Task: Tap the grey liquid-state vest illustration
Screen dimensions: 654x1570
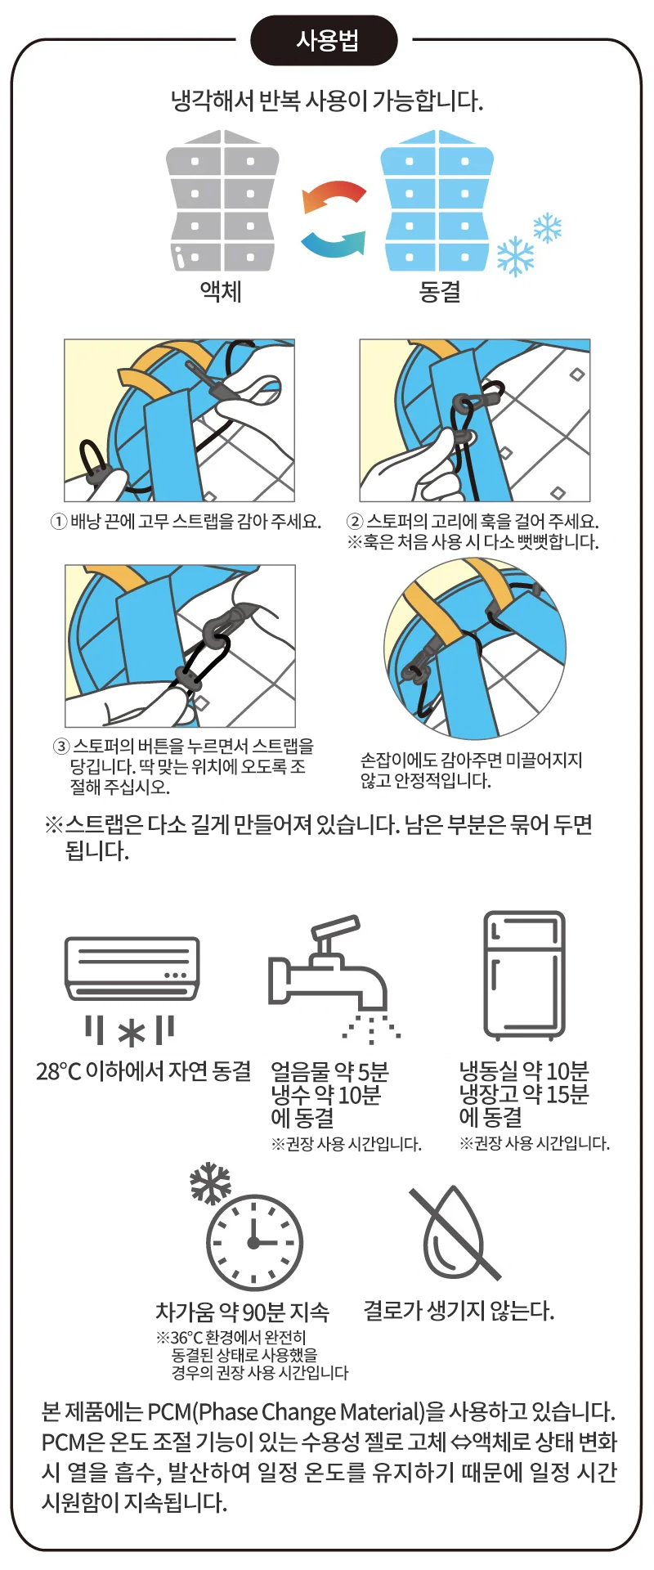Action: [x=222, y=200]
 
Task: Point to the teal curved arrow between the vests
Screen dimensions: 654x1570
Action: [x=334, y=243]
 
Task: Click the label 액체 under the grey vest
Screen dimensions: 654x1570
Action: [x=221, y=291]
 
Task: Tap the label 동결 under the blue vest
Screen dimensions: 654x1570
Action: [x=439, y=291]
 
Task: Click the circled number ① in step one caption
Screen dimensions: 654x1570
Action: [x=59, y=522]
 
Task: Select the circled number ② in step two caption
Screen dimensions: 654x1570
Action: [x=355, y=522]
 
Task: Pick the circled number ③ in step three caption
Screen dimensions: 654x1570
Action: [x=61, y=747]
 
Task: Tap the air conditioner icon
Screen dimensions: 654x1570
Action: [x=132, y=990]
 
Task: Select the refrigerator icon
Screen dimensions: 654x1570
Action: [x=524, y=975]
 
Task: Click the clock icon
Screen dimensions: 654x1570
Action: [x=254, y=1243]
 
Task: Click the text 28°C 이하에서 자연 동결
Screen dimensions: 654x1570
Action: [x=143, y=1071]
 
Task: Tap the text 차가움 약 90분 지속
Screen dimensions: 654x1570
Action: [x=242, y=1312]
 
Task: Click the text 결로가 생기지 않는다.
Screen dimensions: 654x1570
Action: [x=459, y=1311]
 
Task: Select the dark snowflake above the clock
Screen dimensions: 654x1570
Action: [x=210, y=1182]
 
